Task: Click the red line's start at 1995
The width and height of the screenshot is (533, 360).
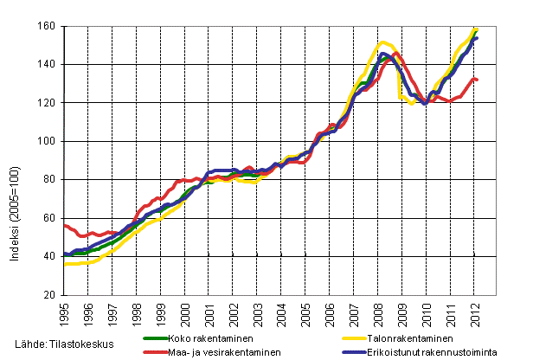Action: pos(65,225)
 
